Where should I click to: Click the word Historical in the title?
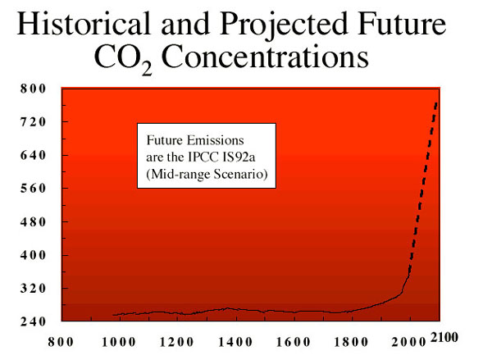coord(84,24)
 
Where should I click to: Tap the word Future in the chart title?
coord(403,24)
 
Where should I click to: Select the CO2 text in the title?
coord(123,59)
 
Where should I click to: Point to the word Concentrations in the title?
coord(265,57)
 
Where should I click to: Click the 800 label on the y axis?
coord(34,89)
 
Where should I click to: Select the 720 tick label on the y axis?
coord(34,122)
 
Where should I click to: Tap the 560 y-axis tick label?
coord(34,189)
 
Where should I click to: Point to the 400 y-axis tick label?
coord(34,255)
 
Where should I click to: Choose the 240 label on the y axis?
coord(34,321)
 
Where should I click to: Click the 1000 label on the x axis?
coord(119,342)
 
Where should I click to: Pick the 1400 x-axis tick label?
coord(235,342)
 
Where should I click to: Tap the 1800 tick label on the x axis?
coord(351,342)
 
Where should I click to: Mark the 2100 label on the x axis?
coord(444,337)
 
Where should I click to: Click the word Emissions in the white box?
coord(215,140)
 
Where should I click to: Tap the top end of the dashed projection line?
coord(436,103)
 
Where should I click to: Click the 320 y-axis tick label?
coord(34,288)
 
